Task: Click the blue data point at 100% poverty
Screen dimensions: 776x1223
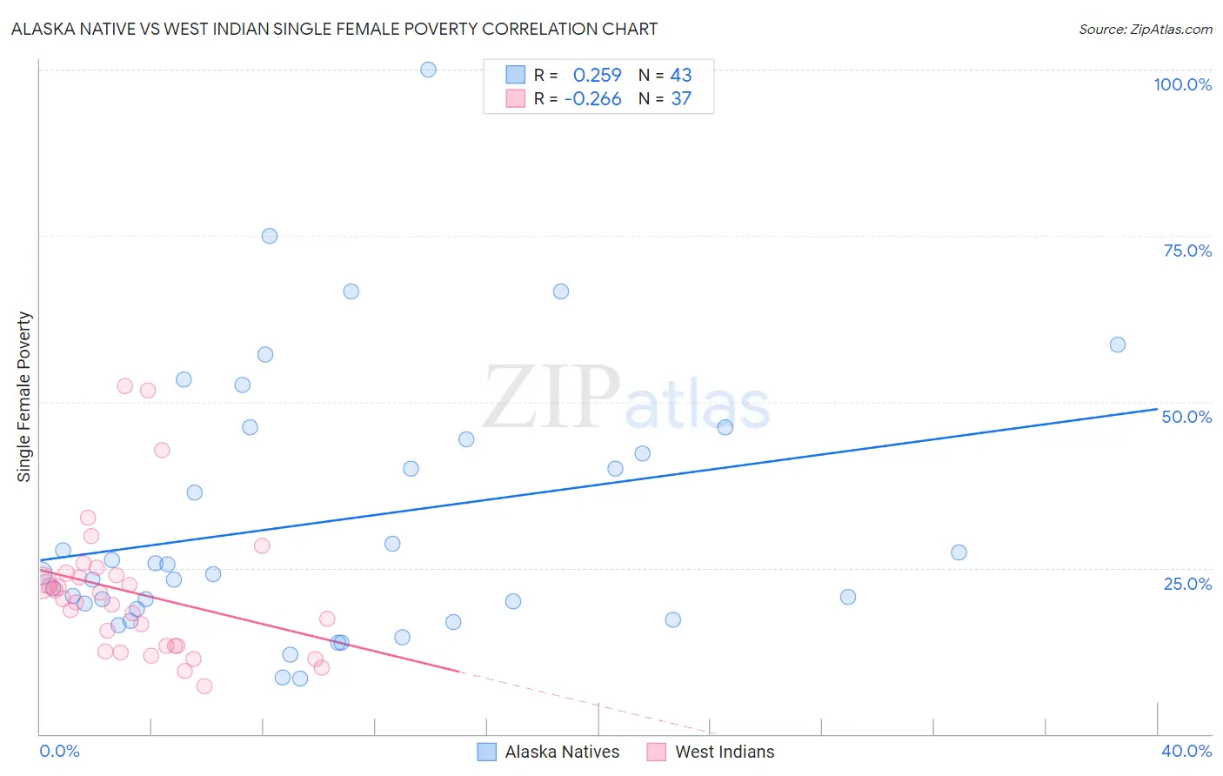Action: [428, 70]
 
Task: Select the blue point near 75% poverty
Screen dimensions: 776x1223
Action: [270, 236]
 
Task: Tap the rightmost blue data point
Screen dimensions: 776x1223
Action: [1118, 345]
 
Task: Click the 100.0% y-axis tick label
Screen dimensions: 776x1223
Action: [1182, 84]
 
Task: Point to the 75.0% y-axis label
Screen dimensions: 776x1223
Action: [1187, 251]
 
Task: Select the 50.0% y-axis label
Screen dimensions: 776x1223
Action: [1186, 417]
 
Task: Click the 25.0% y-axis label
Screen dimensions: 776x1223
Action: [1187, 583]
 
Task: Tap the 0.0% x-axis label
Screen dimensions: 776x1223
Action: [59, 751]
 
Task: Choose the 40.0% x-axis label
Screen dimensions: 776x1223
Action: [1186, 751]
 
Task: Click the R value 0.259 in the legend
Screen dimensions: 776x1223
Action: [597, 76]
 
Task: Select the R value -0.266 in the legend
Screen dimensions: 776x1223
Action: [592, 99]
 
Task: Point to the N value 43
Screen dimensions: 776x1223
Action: [681, 76]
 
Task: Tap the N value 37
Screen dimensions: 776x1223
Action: [681, 99]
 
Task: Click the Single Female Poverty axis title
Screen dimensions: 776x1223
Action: [24, 397]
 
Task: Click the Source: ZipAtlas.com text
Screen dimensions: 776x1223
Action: [1145, 30]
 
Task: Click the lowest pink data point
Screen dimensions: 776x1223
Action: [204, 686]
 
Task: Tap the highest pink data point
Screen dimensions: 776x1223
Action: [124, 386]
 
